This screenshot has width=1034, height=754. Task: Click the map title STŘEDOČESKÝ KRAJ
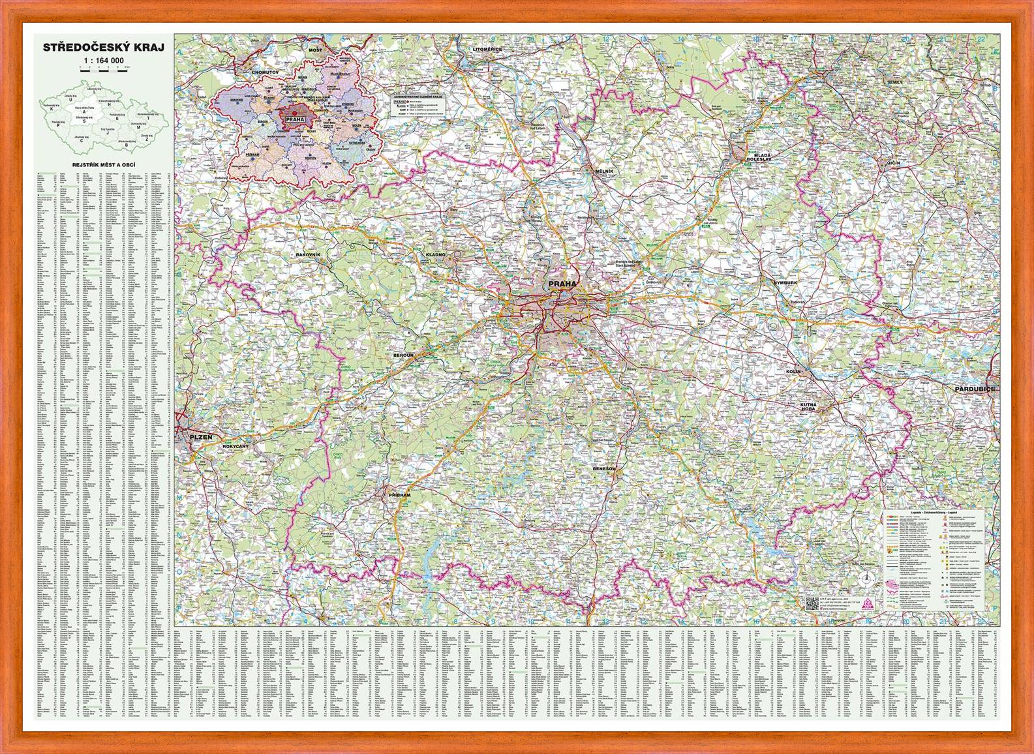coord(103,48)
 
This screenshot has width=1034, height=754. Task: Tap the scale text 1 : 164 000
coord(103,61)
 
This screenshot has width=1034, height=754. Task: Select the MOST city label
coord(316,50)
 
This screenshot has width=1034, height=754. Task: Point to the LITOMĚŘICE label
coord(487,49)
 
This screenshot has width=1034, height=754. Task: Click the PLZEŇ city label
coord(201,436)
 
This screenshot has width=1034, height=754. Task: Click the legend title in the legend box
coord(926,515)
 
